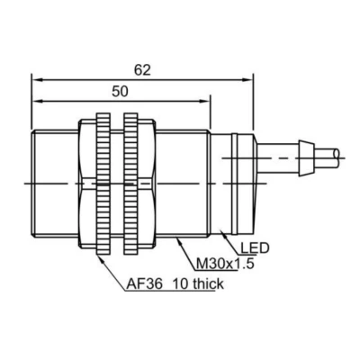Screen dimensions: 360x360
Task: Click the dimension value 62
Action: click(142, 70)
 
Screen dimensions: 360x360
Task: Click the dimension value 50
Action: click(120, 92)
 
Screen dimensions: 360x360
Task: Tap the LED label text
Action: click(255, 248)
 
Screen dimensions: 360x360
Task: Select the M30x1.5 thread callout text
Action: click(225, 265)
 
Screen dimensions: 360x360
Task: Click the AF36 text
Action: click(144, 283)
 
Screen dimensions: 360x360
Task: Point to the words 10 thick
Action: click(199, 283)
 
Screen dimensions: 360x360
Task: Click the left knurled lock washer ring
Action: click(103, 184)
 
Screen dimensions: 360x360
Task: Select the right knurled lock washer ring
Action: click(130, 184)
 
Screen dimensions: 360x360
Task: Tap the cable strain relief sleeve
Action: click(306, 157)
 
